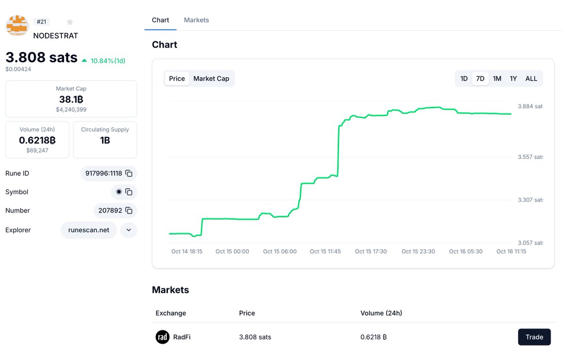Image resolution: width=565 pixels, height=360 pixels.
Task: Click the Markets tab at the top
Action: point(196,20)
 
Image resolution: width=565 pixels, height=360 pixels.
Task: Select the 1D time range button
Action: point(464,79)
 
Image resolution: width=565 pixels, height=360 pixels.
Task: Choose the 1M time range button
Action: point(497,79)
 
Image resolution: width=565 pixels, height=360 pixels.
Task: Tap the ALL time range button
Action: point(531,79)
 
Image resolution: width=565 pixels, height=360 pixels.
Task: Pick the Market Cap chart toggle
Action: point(211,79)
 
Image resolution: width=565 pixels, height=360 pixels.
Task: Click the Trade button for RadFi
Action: point(534,337)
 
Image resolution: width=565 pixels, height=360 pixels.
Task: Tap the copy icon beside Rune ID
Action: point(129,173)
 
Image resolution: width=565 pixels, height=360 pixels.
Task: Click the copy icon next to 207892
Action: point(129,211)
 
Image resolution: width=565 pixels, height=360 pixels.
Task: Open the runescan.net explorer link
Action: point(89,230)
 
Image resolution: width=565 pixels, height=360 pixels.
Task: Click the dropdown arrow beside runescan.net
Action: point(129,230)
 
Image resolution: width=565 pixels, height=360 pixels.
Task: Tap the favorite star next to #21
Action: point(70,22)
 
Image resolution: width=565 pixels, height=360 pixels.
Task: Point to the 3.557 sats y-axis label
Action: point(530,157)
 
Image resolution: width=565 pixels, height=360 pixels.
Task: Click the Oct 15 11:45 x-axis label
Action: point(325,252)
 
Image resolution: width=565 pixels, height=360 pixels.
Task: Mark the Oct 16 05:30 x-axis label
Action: point(465,252)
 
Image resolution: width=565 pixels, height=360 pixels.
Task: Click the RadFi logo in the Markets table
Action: point(162,337)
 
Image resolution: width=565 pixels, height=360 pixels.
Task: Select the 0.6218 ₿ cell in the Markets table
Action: point(373,337)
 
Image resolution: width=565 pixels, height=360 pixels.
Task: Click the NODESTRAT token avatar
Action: point(17,26)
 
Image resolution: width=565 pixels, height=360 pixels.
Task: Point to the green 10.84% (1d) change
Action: point(107,61)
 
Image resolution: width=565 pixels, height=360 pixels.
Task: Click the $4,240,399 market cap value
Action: point(71,110)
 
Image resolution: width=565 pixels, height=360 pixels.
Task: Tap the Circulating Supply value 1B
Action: point(105,140)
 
